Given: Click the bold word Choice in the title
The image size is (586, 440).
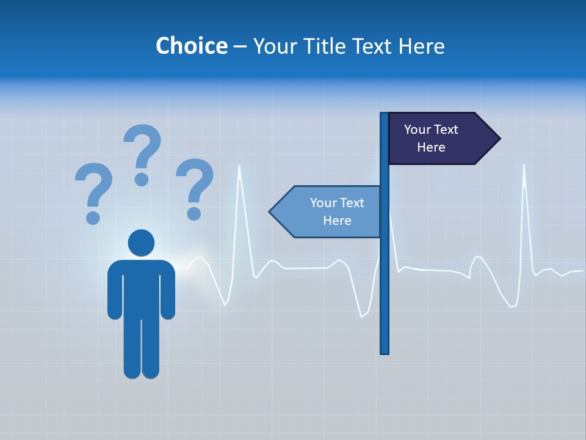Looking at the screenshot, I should pyautogui.click(x=191, y=46).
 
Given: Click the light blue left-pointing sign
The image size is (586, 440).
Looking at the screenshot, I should pyautogui.click(x=327, y=211).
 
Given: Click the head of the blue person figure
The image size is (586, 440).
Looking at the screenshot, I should pyautogui.click(x=141, y=243).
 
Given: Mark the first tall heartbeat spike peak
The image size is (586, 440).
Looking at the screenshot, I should pyautogui.click(x=239, y=166).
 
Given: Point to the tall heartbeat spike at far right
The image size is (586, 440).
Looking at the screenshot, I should pyautogui.click(x=524, y=166).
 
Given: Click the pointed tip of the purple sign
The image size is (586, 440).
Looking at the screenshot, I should pyautogui.click(x=499, y=138).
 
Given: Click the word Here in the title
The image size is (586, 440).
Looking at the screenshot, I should pyautogui.click(x=422, y=46).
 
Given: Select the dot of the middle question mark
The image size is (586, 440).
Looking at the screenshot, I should pyautogui.click(x=142, y=179).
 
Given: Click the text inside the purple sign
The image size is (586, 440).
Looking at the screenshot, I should pyautogui.click(x=431, y=138).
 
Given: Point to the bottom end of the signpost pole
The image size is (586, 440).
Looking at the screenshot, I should pyautogui.click(x=384, y=351).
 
